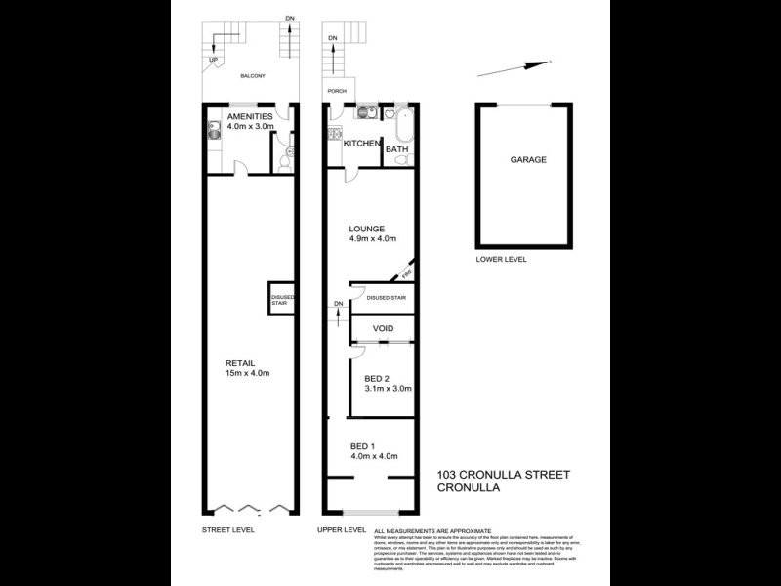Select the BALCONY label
tap(253, 76)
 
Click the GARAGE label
tap(527, 159)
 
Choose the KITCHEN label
tap(361, 144)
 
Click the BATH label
tap(397, 149)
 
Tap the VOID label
tap(383, 329)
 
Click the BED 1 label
tap(365, 446)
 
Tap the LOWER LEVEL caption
tap(499, 260)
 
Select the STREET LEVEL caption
tap(226, 529)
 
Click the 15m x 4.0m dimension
tap(248, 373)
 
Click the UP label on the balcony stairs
tap(212, 61)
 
